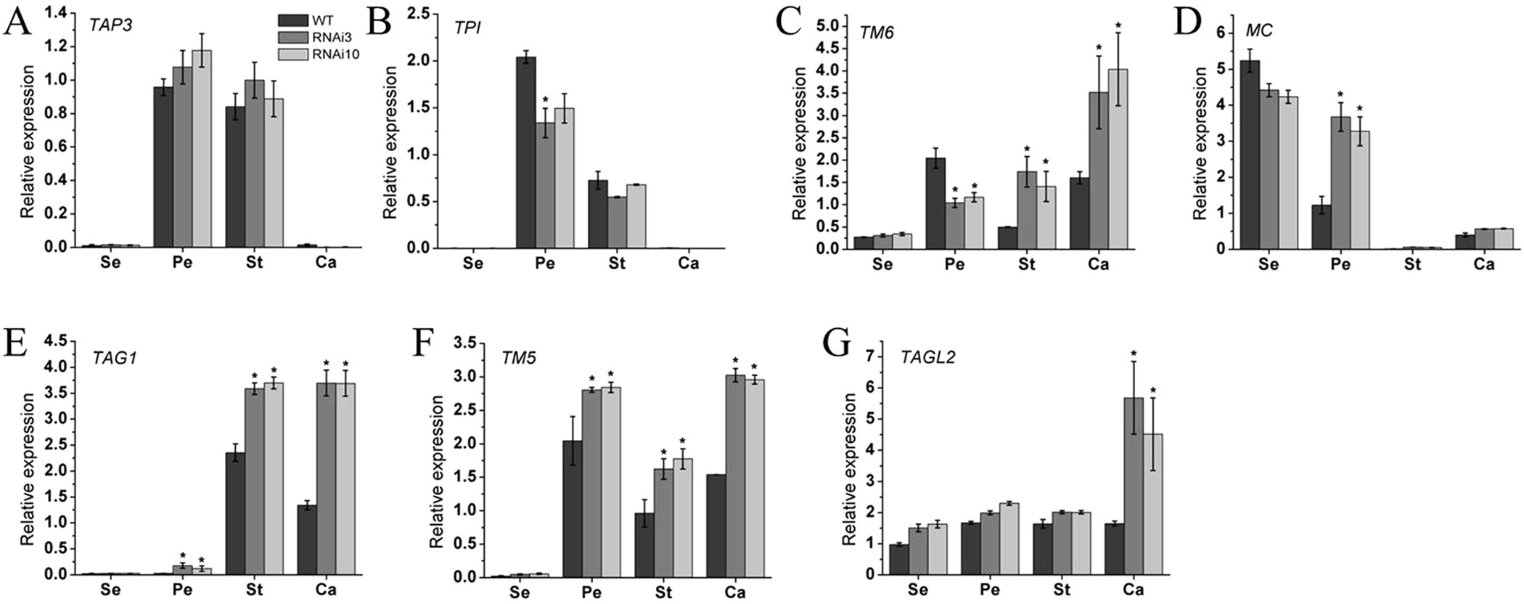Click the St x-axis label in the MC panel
coord(1412,264)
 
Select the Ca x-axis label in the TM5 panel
coord(734,592)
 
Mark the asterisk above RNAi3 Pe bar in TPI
coord(545,99)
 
